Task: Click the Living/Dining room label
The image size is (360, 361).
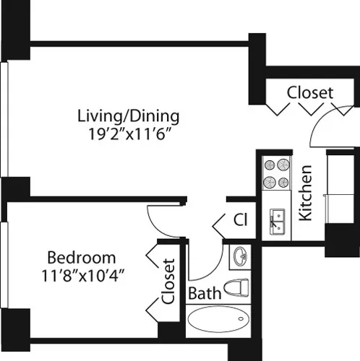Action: click(x=129, y=116)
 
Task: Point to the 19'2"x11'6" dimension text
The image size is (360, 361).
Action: click(x=129, y=133)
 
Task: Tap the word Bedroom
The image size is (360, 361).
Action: click(x=81, y=258)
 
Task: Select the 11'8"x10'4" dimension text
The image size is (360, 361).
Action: click(x=81, y=275)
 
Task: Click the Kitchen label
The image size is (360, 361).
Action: click(x=306, y=193)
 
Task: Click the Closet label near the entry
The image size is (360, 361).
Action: click(x=310, y=92)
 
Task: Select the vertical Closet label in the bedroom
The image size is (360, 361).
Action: click(x=168, y=282)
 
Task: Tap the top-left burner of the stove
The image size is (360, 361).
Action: click(x=269, y=165)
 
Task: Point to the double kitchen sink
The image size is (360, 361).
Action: click(x=276, y=220)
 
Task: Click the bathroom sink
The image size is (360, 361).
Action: click(x=240, y=256)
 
